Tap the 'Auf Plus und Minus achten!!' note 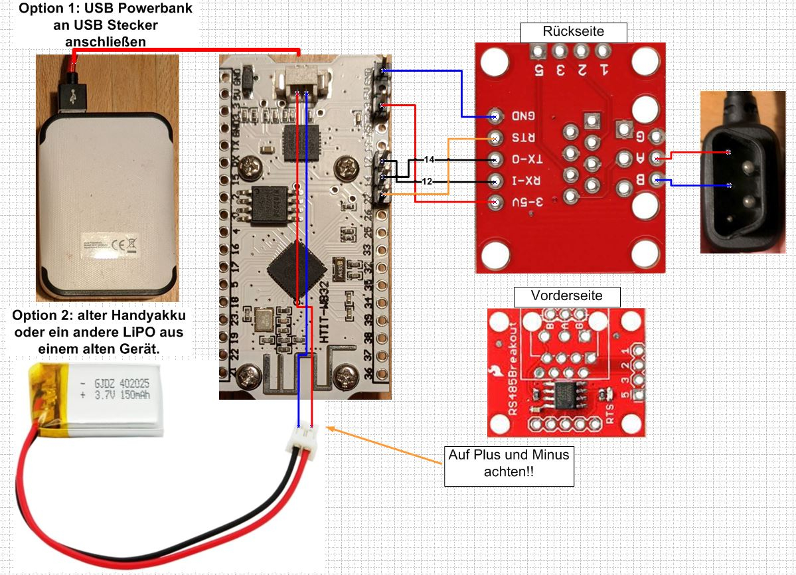(x=509, y=464)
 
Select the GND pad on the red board (x=495, y=116)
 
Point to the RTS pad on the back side (x=495, y=138)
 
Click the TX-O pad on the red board (x=495, y=160)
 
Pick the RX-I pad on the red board (x=495, y=181)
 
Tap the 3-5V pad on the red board (x=495, y=202)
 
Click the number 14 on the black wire (x=429, y=160)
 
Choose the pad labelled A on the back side (x=657, y=158)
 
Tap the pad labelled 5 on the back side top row (x=538, y=52)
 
